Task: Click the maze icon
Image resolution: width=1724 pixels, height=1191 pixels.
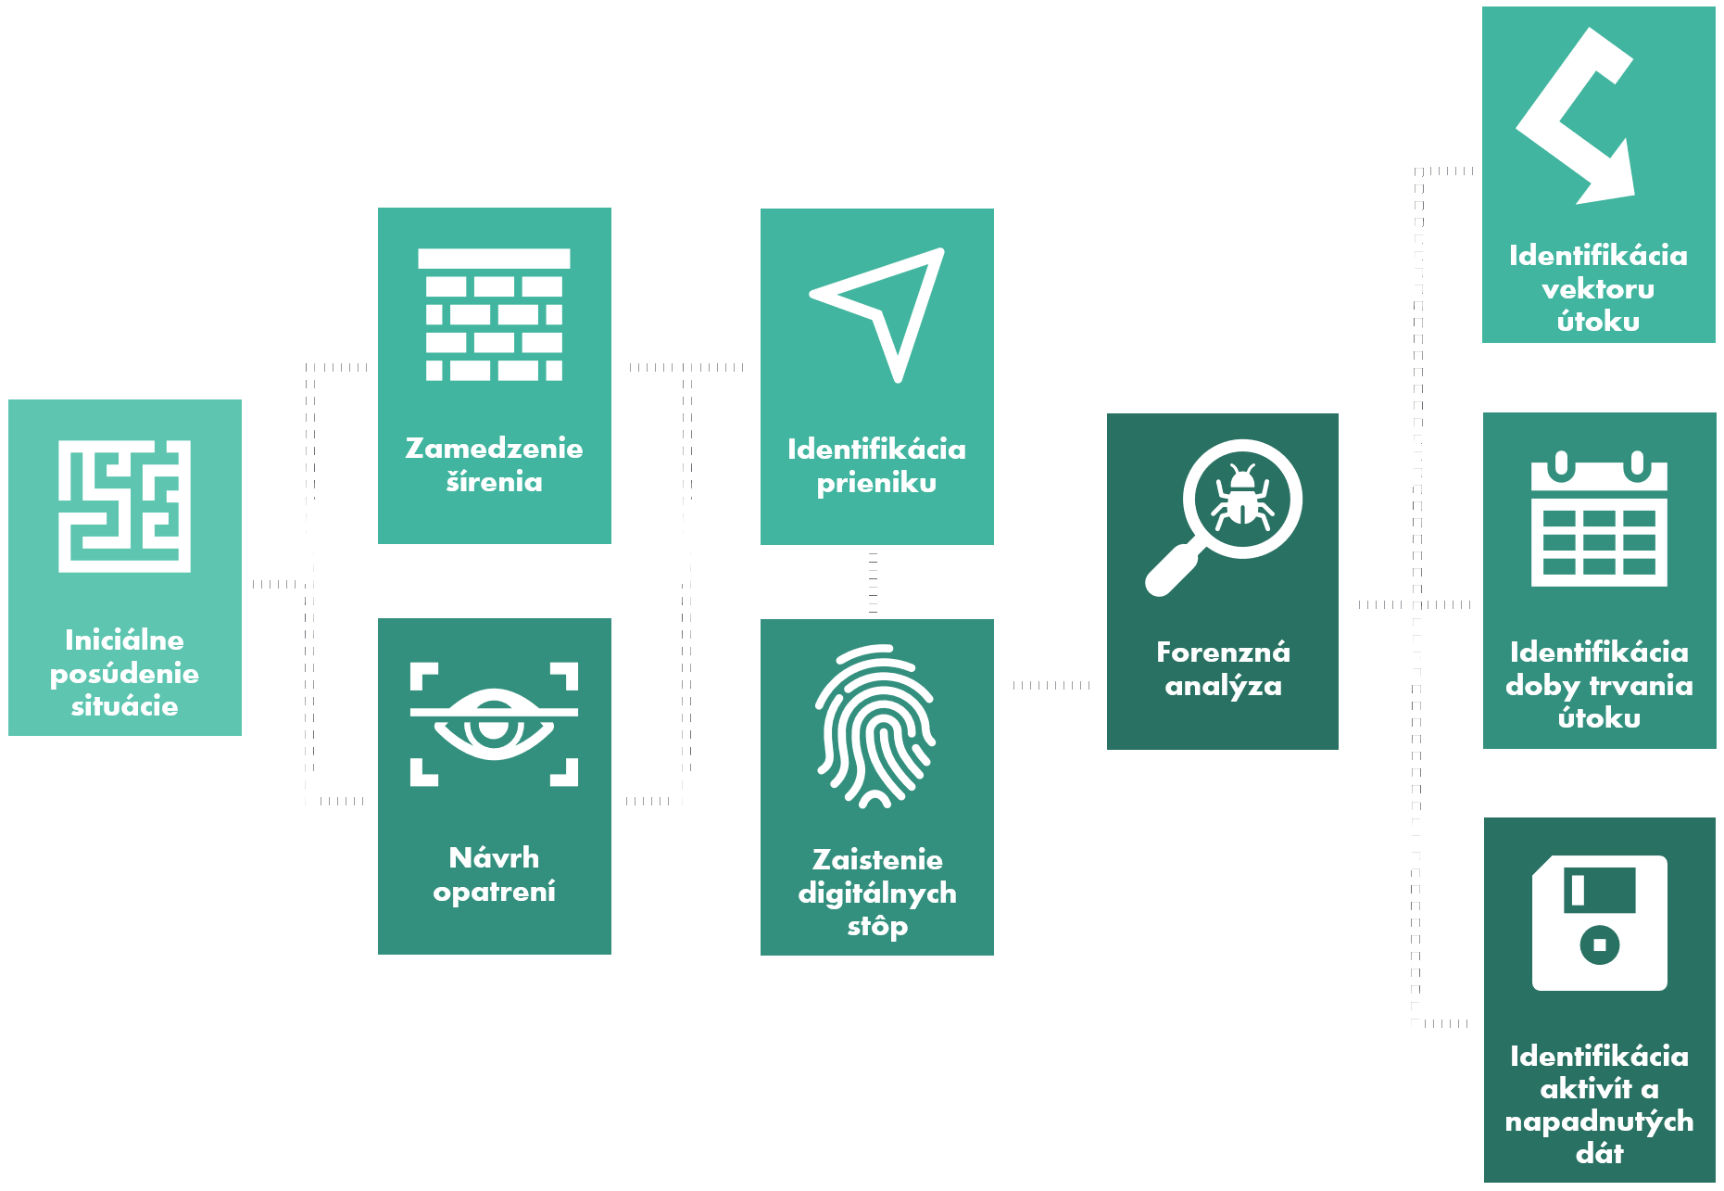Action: click(124, 506)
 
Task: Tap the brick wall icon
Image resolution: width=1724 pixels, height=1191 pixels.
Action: click(494, 315)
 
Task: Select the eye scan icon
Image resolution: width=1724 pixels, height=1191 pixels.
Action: click(494, 724)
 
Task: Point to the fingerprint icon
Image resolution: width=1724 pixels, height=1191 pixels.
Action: click(875, 726)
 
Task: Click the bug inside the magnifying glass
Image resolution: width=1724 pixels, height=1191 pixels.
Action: click(1241, 498)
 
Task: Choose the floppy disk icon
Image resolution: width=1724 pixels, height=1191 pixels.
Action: click(1599, 923)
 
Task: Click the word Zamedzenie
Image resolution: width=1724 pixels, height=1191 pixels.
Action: click(494, 449)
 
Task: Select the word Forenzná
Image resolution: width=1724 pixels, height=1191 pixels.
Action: click(1223, 653)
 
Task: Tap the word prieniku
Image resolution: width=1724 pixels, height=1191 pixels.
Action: click(876, 484)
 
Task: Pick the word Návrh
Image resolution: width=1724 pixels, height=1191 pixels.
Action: click(494, 858)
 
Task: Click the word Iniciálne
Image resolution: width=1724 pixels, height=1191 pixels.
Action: click(124, 640)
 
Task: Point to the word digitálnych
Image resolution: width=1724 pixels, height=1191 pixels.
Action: click(876, 893)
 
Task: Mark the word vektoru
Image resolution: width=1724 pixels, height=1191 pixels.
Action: click(1598, 289)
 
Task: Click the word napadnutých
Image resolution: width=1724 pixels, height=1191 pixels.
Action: click(1599, 1122)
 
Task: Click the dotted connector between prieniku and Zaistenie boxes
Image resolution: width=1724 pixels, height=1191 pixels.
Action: click(874, 582)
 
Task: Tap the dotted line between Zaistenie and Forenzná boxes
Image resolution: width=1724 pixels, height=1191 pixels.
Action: click(1051, 686)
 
